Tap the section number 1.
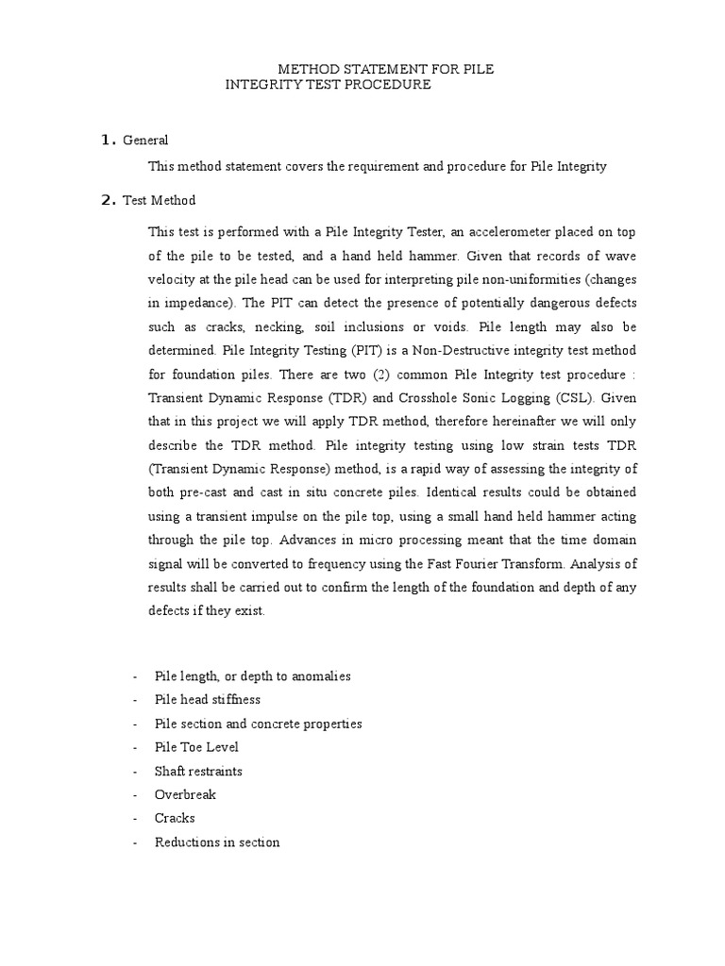(x=107, y=141)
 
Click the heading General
(x=145, y=141)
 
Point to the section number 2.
(x=107, y=200)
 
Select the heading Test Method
(x=160, y=200)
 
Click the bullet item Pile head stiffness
(x=208, y=700)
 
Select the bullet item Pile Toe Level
(x=196, y=747)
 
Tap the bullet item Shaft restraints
(x=198, y=771)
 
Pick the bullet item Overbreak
(x=185, y=794)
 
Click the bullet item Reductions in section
(x=217, y=841)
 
